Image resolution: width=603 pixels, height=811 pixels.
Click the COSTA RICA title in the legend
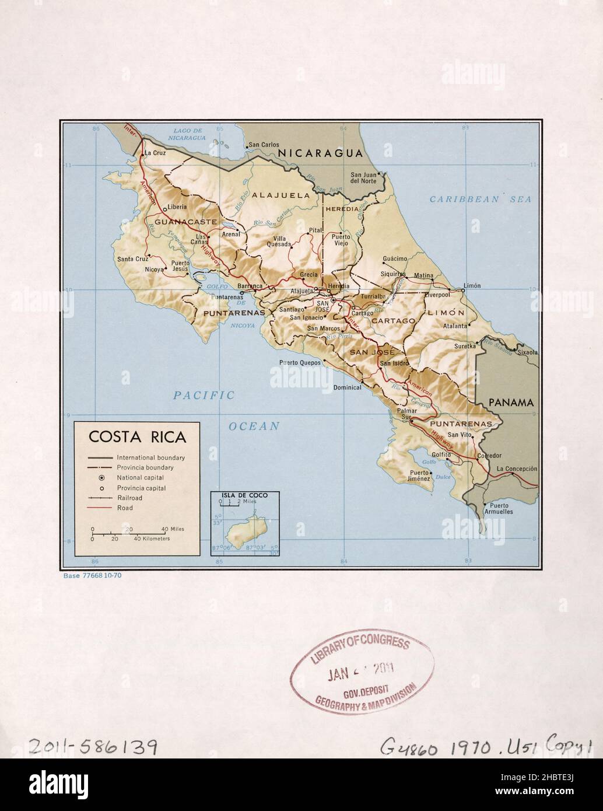137,437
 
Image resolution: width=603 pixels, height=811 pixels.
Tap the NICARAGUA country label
320,153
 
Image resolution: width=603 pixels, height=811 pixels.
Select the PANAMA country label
511,403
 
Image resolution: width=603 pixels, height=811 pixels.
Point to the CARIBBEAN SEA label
481,200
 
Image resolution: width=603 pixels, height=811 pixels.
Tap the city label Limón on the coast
471,285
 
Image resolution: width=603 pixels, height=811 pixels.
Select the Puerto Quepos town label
301,362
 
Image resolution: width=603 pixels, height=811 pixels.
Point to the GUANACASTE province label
178,222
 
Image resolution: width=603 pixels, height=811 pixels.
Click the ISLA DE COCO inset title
244,495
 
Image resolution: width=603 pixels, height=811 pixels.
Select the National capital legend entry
141,478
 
